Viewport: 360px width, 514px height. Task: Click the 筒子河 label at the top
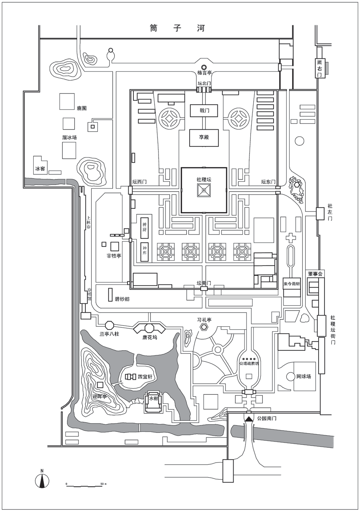pos(177,28)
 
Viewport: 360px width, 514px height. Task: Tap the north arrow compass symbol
pos(43,479)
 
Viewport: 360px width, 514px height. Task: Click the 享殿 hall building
pos(204,137)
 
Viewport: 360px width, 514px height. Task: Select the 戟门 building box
pos(204,110)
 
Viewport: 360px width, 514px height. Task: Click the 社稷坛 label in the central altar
pos(204,180)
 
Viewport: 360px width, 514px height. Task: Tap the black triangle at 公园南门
pos(249,419)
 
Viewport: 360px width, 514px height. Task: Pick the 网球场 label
pos(303,377)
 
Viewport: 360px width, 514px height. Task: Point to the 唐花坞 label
pos(149,337)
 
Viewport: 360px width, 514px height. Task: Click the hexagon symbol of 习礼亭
pos(204,327)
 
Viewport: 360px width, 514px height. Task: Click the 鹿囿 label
pos(82,109)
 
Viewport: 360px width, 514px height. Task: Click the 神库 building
pos(145,252)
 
